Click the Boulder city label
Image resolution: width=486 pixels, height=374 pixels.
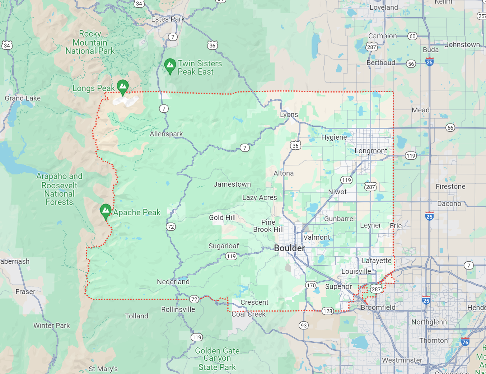click(289, 248)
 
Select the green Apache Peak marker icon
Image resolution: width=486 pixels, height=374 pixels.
click(106, 211)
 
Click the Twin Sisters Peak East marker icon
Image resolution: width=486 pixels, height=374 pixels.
click(170, 66)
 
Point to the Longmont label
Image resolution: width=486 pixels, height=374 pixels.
click(371, 151)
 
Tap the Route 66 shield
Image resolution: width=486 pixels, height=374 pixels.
click(450, 127)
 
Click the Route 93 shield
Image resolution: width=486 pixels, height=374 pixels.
click(304, 325)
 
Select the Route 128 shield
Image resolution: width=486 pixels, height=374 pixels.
click(327, 311)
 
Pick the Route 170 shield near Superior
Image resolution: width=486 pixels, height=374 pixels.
click(311, 285)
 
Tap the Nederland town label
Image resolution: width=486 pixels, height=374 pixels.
click(173, 282)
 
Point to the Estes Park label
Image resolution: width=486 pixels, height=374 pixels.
click(168, 19)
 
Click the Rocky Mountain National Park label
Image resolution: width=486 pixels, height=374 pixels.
click(90, 42)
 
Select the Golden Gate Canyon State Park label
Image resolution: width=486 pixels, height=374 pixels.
click(217, 359)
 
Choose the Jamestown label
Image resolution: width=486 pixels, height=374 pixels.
click(232, 184)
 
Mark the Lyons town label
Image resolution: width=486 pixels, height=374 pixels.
click(289, 114)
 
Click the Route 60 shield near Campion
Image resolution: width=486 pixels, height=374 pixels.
click(412, 36)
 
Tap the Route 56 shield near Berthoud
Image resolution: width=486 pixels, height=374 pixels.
click(411, 64)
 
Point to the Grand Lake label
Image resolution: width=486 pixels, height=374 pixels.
click(23, 98)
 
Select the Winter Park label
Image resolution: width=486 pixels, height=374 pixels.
click(52, 326)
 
